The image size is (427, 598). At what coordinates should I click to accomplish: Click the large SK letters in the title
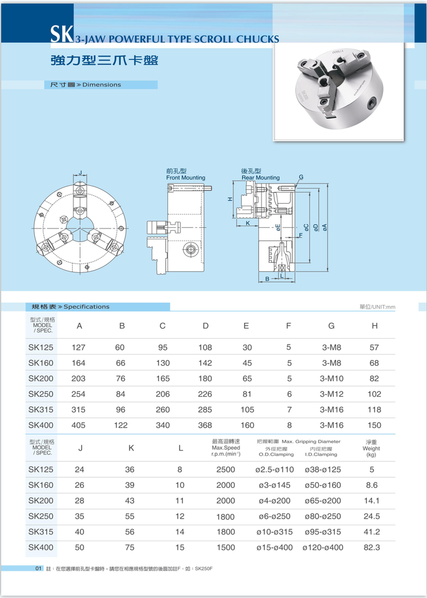(x=61, y=35)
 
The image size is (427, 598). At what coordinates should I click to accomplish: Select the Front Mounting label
(x=186, y=178)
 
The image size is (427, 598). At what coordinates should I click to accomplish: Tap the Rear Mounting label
(x=260, y=178)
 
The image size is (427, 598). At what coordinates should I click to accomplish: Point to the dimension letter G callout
(x=301, y=177)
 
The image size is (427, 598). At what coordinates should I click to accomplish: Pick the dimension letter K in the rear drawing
(x=248, y=223)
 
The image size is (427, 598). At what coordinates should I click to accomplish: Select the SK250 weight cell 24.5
(x=371, y=516)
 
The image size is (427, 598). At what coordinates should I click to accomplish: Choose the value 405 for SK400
(x=79, y=425)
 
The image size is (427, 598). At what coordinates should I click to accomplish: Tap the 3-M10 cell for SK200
(x=331, y=378)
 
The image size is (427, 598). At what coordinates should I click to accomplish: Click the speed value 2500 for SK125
(x=225, y=470)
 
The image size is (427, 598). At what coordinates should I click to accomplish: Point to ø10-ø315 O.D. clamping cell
(x=275, y=532)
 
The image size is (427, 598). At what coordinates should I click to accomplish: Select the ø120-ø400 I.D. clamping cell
(x=322, y=548)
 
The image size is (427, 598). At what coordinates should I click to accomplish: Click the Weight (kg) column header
(x=371, y=448)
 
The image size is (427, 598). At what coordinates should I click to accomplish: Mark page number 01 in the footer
(x=38, y=569)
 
